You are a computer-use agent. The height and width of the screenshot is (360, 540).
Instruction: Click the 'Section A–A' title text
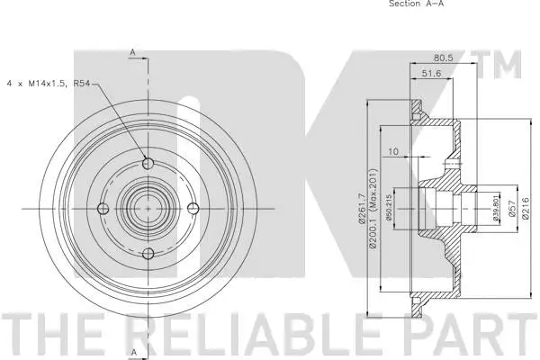coord(416,4)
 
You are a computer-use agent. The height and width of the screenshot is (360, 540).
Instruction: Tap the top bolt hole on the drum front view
coord(147,164)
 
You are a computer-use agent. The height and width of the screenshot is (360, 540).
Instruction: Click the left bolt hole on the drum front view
coord(103,209)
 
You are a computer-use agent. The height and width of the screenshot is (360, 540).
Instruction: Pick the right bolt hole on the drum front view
coord(191,209)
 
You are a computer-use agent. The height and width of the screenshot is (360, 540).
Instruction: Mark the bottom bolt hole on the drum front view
coord(147,253)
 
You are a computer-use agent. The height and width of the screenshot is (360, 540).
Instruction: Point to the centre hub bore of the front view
coord(147,209)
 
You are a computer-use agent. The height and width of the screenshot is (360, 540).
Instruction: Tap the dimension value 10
coord(393,152)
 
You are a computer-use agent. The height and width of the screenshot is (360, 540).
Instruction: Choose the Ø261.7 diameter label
coord(361,209)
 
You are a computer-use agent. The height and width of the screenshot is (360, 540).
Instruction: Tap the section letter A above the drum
coord(131,53)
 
